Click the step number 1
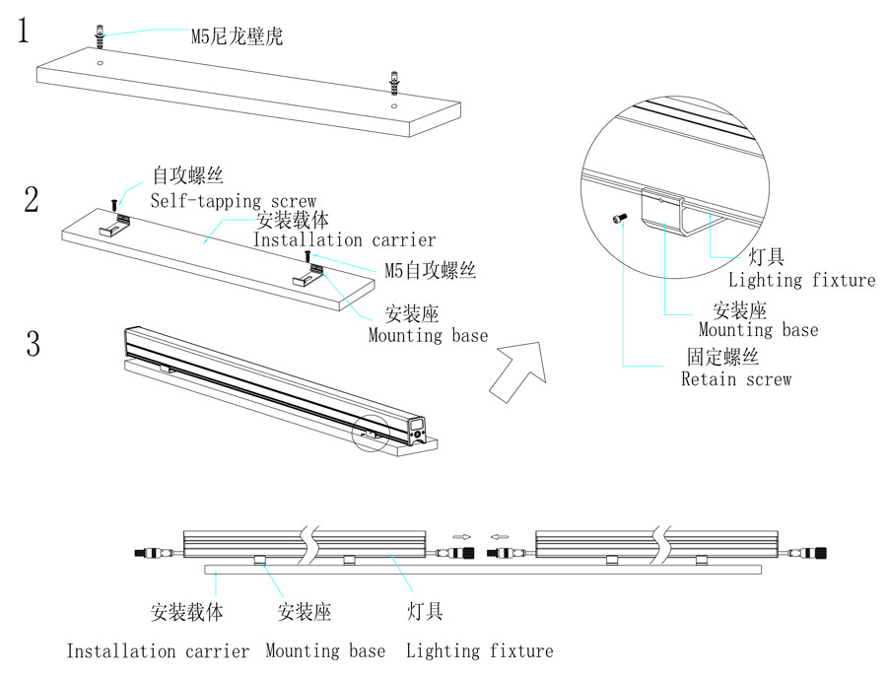[24, 31]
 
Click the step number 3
[33, 345]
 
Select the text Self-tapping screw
[234, 201]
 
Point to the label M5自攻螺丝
[431, 270]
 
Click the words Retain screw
[736, 378]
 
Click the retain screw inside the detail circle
[620, 219]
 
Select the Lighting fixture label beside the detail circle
[801, 280]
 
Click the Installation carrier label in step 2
[344, 239]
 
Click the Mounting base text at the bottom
[325, 650]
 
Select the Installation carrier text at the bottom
[158, 650]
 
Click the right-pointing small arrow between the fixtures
[460, 537]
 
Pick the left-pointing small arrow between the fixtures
[500, 537]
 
